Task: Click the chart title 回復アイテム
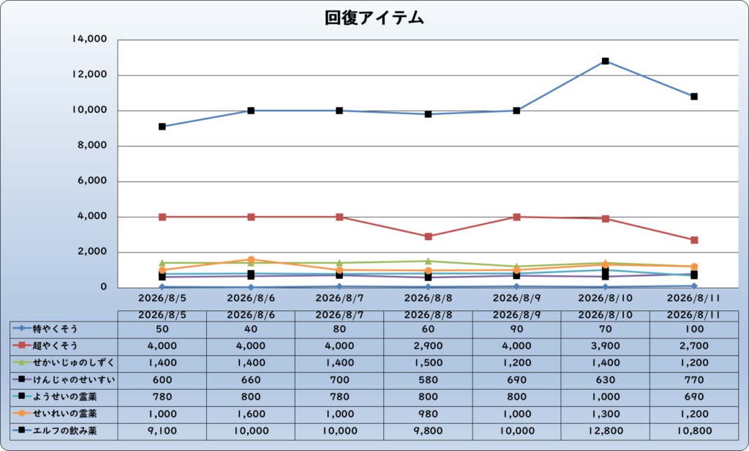pos(374,18)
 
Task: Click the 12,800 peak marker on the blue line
pos(605,61)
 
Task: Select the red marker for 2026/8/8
pos(428,236)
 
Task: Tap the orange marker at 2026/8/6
pos(251,260)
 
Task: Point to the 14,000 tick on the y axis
pos(89,40)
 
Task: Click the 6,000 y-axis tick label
pos(92,181)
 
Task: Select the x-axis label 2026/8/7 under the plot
pos(339,298)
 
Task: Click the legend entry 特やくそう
pos(55,329)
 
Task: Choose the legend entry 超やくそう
pos(55,346)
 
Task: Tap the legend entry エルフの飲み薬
pos(64,430)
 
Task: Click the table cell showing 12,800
pos(605,431)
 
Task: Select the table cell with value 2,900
pos(428,346)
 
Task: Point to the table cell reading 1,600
pos(251,414)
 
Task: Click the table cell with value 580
pos(428,380)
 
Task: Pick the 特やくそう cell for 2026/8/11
pos(694,329)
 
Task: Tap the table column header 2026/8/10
pos(605,315)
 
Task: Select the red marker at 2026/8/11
pos(694,240)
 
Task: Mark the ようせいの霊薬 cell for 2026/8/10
pos(605,397)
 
